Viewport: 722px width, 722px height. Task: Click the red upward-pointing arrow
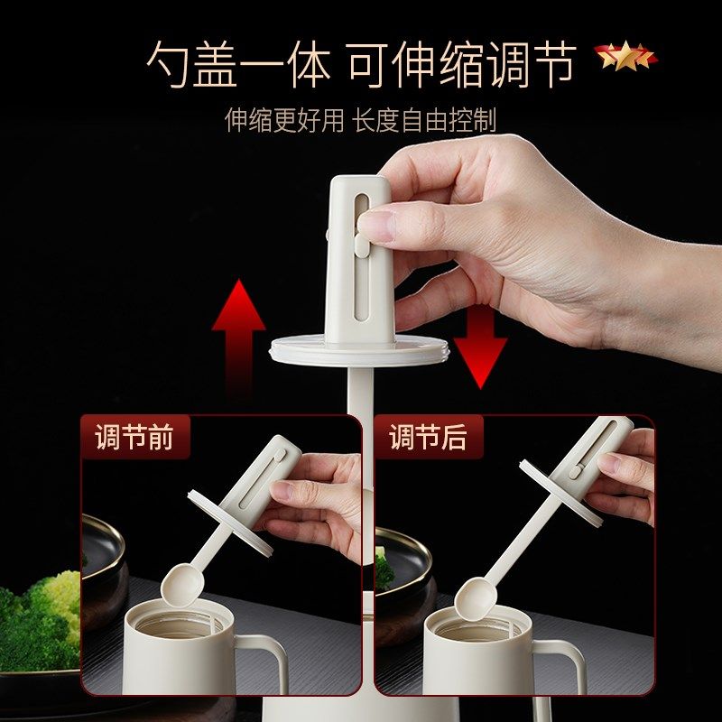(238, 334)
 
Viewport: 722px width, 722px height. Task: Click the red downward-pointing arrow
(479, 347)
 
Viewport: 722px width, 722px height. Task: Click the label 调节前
(134, 438)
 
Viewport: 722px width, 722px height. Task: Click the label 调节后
(428, 438)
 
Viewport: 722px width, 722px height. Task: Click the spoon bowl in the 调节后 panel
(474, 598)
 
